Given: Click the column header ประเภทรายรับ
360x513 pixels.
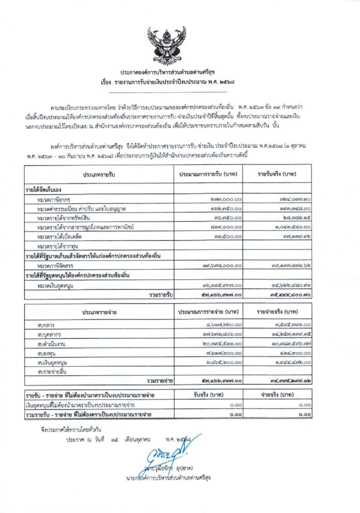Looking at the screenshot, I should tap(99, 174).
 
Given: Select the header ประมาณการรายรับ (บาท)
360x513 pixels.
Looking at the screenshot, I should tap(208, 174).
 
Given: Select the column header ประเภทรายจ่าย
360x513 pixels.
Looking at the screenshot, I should tap(99, 313).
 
